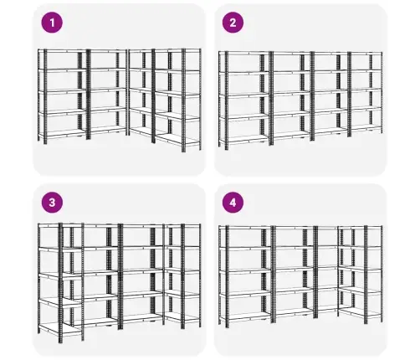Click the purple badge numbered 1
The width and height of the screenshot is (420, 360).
[x=52, y=23]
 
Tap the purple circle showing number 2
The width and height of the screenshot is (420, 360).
[x=233, y=23]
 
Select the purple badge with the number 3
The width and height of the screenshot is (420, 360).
[x=52, y=203]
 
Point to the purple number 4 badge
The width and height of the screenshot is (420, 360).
[x=233, y=203]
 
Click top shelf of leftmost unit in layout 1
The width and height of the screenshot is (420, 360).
[x=63, y=51]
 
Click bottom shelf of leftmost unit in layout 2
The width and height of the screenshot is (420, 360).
[x=244, y=139]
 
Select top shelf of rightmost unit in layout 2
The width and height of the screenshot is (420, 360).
[x=366, y=54]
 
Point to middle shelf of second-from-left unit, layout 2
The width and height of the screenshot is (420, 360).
[x=292, y=93]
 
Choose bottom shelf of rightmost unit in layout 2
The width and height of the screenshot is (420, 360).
[x=366, y=127]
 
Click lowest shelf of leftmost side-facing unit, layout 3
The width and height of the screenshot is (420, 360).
[x=60, y=328]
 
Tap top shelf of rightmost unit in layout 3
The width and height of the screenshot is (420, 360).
[x=182, y=225]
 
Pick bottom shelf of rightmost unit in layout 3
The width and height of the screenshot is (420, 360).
[x=182, y=317]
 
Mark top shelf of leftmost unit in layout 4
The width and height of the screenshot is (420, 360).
[x=245, y=228]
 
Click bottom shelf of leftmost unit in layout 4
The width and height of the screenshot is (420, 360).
[x=245, y=316]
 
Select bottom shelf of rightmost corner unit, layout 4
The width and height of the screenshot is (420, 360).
[x=360, y=312]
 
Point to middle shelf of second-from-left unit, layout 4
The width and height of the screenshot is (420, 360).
[x=295, y=270]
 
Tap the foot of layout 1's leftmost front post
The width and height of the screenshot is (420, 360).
[x=45, y=142]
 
